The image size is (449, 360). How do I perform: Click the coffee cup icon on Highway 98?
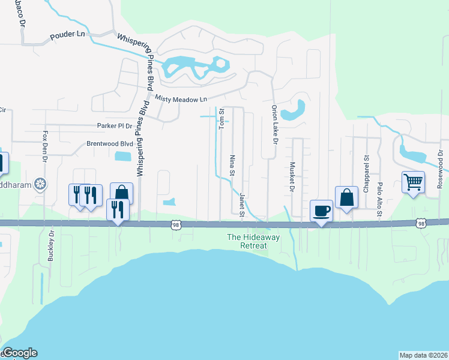pyautogui.click(x=321, y=211)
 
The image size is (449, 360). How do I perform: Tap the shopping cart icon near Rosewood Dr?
pyautogui.click(x=413, y=182)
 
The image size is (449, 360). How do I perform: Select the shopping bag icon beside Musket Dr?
pyautogui.click(x=346, y=197)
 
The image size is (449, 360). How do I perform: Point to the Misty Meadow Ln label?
pyautogui.click(x=181, y=98)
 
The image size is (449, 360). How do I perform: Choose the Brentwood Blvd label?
pyautogui.click(x=109, y=144)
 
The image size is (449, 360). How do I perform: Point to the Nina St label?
pyautogui.click(x=232, y=165)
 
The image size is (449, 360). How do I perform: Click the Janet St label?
pyautogui.click(x=242, y=205)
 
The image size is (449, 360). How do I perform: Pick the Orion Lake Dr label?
pyautogui.click(x=274, y=124)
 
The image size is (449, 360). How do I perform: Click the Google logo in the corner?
pyautogui.click(x=19, y=353)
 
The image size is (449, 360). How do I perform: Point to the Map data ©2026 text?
pyautogui.click(x=424, y=355)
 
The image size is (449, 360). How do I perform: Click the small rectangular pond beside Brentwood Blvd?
pyautogui.click(x=122, y=157)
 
